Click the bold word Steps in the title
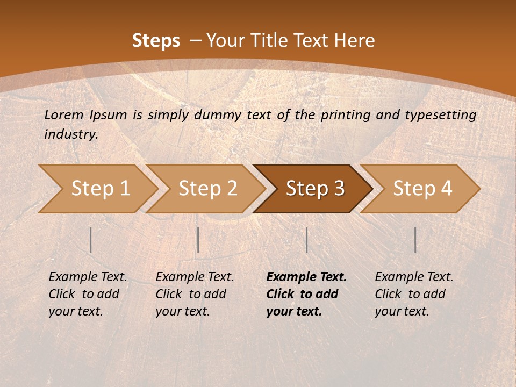click(x=156, y=41)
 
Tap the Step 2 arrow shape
click(x=207, y=188)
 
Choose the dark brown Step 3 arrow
click(x=315, y=188)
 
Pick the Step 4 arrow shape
click(x=422, y=188)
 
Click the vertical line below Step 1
click(x=91, y=240)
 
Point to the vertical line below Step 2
click(x=198, y=240)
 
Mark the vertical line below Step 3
click(x=306, y=240)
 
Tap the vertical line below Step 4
click(x=415, y=240)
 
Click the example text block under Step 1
click(x=88, y=294)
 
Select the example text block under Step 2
click(x=195, y=294)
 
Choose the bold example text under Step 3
click(x=306, y=294)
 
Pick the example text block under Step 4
click(x=414, y=294)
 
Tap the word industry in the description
click(x=71, y=134)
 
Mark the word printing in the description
click(x=345, y=114)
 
